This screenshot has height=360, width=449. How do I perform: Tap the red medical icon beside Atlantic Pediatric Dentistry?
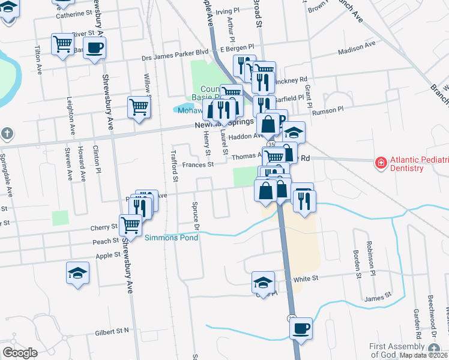point(380,162)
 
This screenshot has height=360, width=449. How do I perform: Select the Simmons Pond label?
point(171,238)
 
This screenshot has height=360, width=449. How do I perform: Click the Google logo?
point(20,352)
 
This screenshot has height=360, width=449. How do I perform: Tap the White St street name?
point(305,279)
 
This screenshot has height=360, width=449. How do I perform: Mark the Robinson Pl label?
point(370,256)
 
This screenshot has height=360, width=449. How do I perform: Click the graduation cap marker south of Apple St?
point(77,273)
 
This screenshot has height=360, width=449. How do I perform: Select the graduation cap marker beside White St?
point(263,282)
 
